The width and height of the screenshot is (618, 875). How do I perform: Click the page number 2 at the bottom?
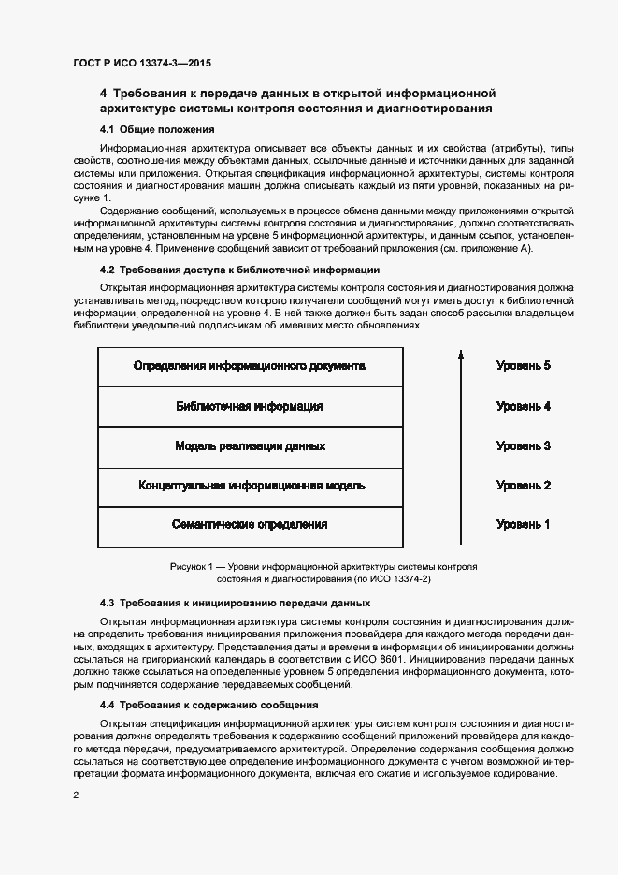(x=76, y=795)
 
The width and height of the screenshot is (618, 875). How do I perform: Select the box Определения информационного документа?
(x=250, y=367)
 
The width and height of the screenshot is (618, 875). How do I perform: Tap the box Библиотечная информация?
(x=250, y=407)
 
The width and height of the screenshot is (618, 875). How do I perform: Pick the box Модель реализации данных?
(x=250, y=446)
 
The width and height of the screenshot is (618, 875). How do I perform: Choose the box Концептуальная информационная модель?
(x=250, y=486)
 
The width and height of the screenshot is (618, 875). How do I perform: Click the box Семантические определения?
(x=250, y=525)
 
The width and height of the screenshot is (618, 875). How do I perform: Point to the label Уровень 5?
(x=523, y=366)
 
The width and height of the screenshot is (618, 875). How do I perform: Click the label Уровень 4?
(x=523, y=407)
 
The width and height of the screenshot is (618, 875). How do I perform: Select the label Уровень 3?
(x=523, y=446)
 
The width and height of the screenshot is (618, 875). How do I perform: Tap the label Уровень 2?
(x=523, y=486)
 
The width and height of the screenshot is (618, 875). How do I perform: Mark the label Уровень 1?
(x=523, y=525)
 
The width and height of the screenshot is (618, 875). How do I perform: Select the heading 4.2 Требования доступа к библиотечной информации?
(x=239, y=270)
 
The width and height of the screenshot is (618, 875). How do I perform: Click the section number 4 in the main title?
(x=104, y=93)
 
